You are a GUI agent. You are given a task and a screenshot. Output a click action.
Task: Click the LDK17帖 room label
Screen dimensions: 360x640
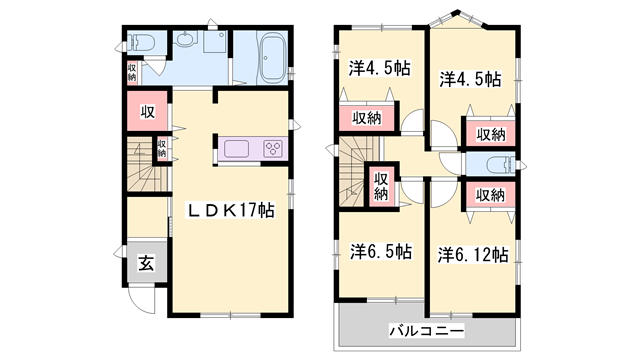(x=233, y=210)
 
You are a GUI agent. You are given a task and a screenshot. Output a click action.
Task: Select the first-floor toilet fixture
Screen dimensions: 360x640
(x=140, y=43)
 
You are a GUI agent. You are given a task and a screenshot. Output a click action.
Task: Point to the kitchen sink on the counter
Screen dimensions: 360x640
(x=240, y=149)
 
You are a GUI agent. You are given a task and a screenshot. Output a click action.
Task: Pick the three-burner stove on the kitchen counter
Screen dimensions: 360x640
(x=272, y=149)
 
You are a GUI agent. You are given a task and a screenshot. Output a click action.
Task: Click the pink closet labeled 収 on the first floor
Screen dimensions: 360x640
(x=146, y=111)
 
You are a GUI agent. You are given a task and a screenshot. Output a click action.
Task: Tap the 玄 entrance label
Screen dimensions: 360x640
(x=145, y=264)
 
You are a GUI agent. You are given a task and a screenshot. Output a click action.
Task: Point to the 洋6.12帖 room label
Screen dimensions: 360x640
(x=473, y=254)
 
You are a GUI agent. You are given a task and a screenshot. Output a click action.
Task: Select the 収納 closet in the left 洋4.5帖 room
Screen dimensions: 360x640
(x=365, y=118)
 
